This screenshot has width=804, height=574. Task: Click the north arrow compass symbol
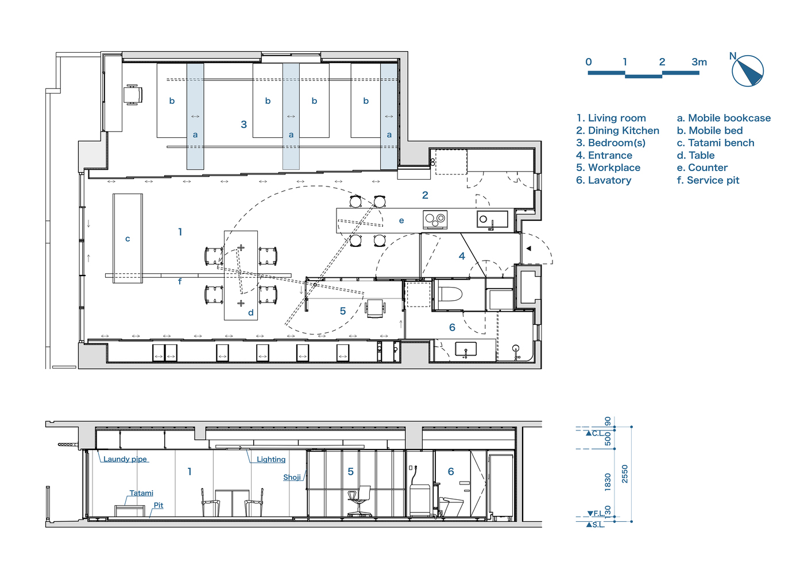tap(748, 71)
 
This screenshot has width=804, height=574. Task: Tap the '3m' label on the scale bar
tap(699, 62)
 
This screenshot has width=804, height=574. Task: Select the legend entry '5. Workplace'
tap(608, 168)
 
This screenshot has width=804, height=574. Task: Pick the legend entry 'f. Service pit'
tap(708, 180)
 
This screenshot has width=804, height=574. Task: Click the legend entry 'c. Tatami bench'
tap(716, 143)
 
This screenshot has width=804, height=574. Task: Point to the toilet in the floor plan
tap(449, 294)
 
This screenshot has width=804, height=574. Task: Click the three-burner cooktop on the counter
tap(435, 219)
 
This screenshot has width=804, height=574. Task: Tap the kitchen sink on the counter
tap(493, 219)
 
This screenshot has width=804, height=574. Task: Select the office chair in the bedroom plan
tap(133, 95)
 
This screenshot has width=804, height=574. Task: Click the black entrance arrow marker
tap(529, 248)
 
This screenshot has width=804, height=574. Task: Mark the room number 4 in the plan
tap(462, 256)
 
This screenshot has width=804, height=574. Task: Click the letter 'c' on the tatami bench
tap(127, 239)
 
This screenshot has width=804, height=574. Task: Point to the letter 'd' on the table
tap(251, 312)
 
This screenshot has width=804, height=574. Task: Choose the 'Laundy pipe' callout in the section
tap(125, 459)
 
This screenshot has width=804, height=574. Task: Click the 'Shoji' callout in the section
tap(292, 477)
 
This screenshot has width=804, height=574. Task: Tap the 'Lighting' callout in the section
tap(271, 459)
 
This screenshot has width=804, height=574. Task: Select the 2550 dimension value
tap(625, 474)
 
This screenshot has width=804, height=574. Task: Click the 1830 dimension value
tap(608, 482)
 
